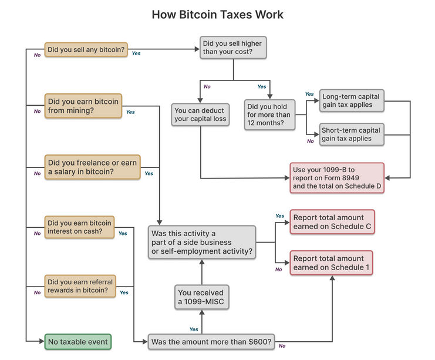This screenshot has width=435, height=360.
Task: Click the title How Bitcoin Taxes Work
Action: coord(217,15)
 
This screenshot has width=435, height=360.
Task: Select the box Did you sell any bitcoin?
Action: coord(86,50)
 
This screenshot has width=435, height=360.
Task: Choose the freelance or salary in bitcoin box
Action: coord(93,167)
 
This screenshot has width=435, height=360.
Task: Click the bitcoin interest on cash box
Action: coord(79,227)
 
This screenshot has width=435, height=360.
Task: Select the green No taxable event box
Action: coord(77,341)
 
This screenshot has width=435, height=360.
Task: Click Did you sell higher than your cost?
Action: coord(233,48)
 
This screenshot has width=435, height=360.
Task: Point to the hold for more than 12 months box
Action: coord(269,115)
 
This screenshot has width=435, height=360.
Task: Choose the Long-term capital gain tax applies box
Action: coord(352,100)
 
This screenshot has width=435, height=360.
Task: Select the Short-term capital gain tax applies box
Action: coord(352,134)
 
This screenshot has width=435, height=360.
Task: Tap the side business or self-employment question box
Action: coord(202,243)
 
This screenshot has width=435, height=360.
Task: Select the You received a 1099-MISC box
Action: coord(201,297)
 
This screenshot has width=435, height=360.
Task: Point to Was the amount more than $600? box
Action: coord(211,341)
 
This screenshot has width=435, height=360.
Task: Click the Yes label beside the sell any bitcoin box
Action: coord(136,53)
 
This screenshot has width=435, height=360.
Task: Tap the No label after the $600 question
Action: coord(282,346)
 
